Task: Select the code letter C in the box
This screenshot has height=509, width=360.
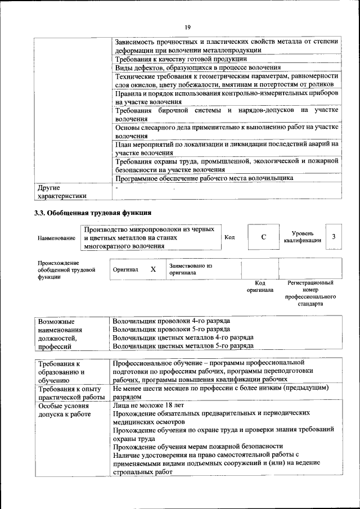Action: point(263,237)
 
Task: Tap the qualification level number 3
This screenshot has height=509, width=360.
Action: point(334,237)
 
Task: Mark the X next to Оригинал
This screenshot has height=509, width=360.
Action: point(153,269)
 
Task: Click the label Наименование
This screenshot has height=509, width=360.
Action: point(56,238)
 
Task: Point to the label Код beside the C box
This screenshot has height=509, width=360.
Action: point(229,237)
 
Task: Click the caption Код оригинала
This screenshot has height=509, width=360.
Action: point(260,287)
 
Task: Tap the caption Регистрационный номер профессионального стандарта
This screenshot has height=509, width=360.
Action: point(310,294)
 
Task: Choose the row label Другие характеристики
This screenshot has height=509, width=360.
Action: point(62,192)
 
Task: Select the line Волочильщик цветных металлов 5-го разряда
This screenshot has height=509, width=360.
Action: point(183,346)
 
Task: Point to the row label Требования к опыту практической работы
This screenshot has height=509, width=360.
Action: point(69,393)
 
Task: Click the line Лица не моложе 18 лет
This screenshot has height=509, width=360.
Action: point(148,404)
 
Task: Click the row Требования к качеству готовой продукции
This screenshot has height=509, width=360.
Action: point(181,59)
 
